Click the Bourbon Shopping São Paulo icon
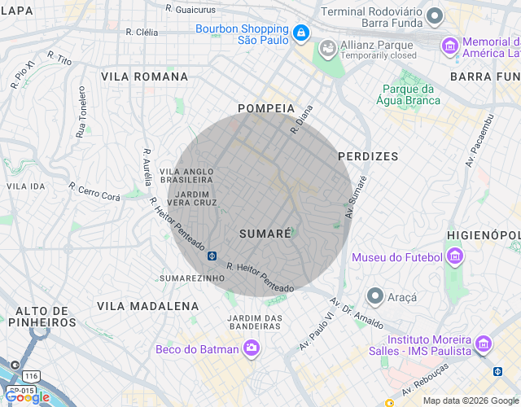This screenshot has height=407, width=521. pos(301,33)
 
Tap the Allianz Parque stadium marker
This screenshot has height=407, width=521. pos(328,48)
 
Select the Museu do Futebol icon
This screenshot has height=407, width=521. pos(454,258)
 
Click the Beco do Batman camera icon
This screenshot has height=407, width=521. pos(251,348)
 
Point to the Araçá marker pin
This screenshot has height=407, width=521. pos(375,295)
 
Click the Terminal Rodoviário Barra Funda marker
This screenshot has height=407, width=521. pos(435,15)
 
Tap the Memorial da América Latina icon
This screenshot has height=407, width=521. pos(449,46)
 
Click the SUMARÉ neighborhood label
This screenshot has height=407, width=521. pos(265,234)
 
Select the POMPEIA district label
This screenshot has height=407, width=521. pos(265,108)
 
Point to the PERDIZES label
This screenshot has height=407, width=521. pos(368,155)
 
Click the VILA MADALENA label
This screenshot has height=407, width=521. pos(147,306)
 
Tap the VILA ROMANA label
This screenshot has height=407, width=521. pos(145,77)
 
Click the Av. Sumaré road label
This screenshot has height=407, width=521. pos(357,197)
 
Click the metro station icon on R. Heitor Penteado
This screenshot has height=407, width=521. pos(212,256)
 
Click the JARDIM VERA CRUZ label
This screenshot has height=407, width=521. pos(196,198)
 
